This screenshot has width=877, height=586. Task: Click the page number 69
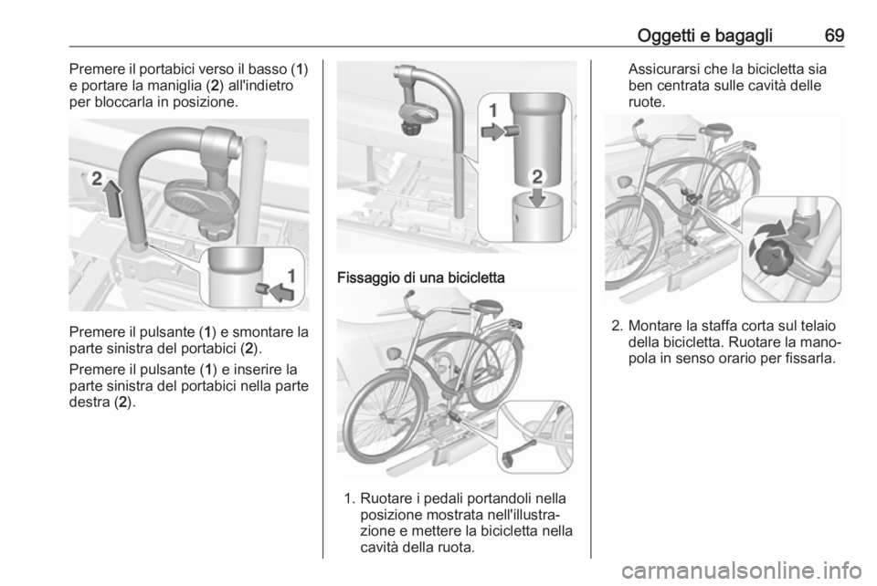click(834, 36)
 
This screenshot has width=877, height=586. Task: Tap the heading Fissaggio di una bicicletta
click(420, 277)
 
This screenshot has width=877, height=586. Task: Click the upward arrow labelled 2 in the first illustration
click(113, 198)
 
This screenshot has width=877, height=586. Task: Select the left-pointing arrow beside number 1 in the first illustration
click(282, 291)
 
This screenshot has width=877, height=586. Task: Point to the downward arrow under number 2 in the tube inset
click(537, 196)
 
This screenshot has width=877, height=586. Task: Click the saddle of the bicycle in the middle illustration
click(487, 306)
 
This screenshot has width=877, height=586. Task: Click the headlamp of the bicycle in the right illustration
click(624, 183)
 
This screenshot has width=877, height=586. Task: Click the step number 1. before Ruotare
click(350, 498)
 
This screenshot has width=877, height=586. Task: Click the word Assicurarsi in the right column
click(664, 69)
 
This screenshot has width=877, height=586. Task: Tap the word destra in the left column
click(89, 403)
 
